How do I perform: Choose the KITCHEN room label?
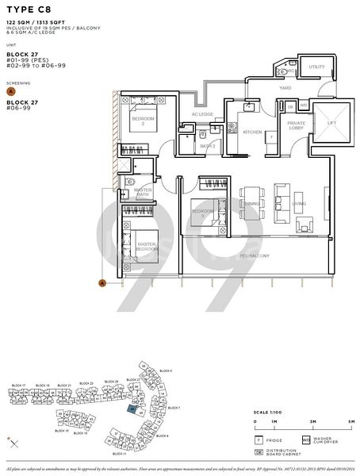(252, 132)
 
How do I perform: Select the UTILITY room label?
(316, 67)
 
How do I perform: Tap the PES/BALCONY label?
(255, 255)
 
